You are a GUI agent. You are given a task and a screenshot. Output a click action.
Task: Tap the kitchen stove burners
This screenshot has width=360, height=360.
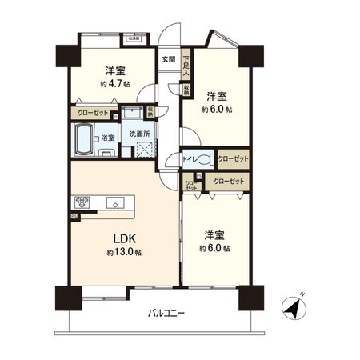tap(82, 202)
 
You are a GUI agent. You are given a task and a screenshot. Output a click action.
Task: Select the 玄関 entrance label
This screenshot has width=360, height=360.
tap(167, 60)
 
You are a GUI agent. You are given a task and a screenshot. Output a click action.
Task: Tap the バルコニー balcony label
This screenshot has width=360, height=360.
tap(168, 312)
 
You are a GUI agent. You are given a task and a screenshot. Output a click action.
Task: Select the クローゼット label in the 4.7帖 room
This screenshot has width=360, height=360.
tap(94, 113)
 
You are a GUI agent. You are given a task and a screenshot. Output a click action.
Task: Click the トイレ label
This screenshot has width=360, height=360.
tap(190, 160)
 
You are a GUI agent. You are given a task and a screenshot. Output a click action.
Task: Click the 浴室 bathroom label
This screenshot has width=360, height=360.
tap(107, 138)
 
